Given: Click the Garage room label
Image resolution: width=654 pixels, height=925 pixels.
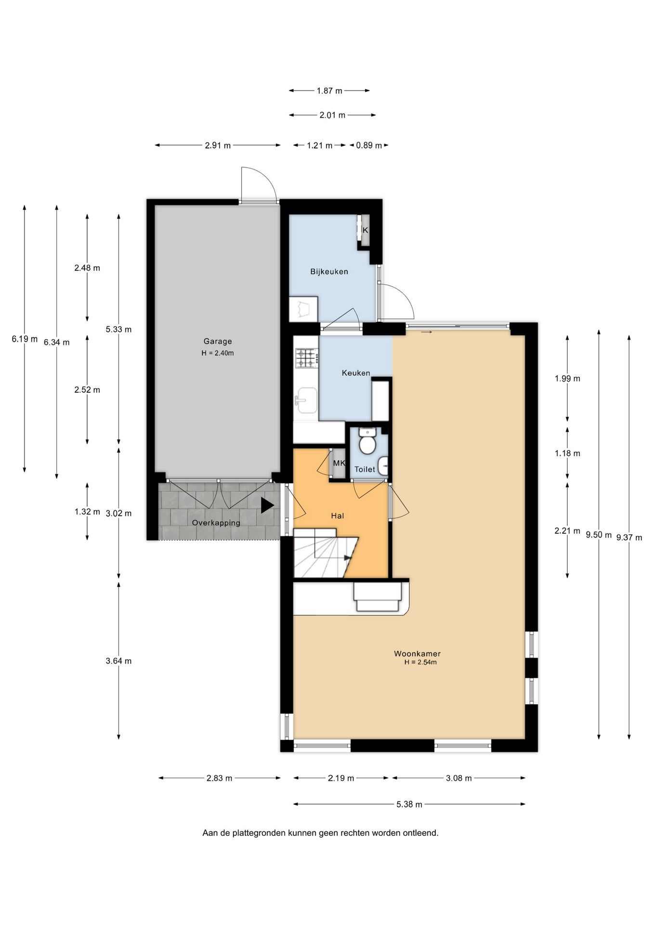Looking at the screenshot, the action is point(218,341).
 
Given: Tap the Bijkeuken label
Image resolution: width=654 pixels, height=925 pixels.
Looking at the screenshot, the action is point(329,272).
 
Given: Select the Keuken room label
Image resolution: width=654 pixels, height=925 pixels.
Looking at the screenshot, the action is point(356,373).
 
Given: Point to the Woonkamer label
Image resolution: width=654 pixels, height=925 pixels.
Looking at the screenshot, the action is point(417,654).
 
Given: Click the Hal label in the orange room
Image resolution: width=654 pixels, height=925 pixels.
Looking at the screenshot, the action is point(338,516).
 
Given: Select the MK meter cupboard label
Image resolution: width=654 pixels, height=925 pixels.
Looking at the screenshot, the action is point(339,463).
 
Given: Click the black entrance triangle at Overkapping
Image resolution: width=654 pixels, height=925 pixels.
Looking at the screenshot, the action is point(267,505).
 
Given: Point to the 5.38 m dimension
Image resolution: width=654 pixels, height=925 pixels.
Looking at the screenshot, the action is point(409,804).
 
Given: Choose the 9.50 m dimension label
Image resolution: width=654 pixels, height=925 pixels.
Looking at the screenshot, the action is point(599,535).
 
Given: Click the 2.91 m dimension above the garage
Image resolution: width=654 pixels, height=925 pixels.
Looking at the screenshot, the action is point(218,145).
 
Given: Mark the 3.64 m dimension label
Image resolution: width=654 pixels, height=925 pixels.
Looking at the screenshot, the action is point(118,661).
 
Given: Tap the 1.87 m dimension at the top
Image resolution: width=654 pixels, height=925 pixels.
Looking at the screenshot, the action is point(329,91).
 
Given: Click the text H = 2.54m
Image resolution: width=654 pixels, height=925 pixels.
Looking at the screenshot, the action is point(420,662).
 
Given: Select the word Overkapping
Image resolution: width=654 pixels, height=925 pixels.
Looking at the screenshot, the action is point(216,523).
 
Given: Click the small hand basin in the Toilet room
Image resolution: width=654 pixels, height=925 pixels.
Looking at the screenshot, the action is point(383,466).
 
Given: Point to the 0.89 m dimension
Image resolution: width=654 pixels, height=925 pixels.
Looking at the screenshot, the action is point(369,145).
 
